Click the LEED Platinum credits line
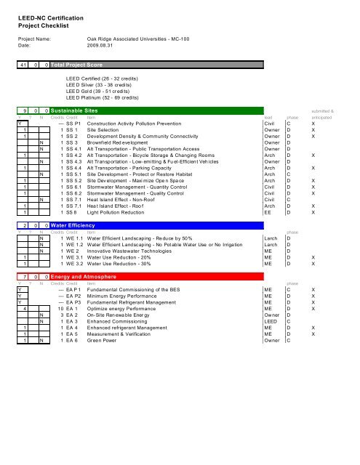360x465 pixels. pyautogui.click(x=110, y=97)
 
